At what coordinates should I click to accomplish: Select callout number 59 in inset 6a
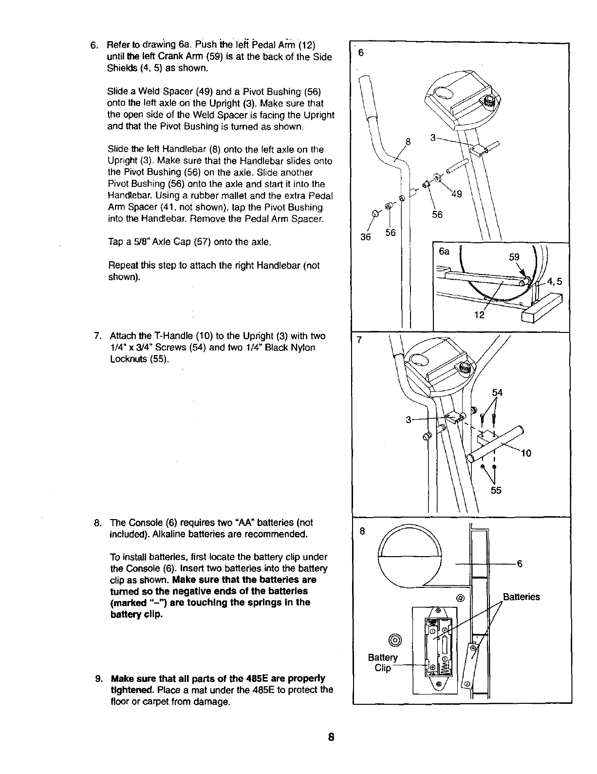(514, 257)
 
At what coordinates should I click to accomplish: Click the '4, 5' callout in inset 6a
(555, 281)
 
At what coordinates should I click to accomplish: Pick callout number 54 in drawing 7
(497, 392)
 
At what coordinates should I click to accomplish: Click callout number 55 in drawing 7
(496, 490)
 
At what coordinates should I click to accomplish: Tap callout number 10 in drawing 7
(526, 453)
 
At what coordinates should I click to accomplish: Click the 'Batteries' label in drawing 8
(521, 597)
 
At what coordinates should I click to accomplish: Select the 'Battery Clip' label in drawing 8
(383, 662)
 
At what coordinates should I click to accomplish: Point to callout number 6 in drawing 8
(520, 564)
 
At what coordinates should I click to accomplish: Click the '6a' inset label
(444, 252)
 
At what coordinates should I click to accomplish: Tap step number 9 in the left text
(98, 678)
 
